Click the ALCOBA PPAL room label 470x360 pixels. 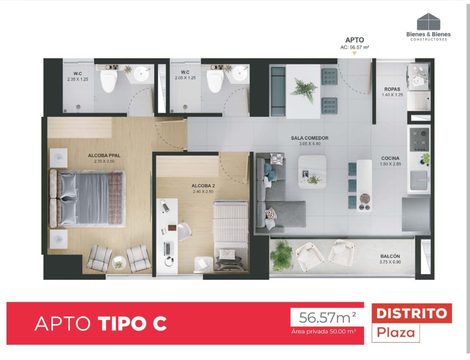click(x=104, y=156)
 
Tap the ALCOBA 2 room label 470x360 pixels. click(x=203, y=186)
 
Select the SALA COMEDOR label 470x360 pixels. click(x=310, y=138)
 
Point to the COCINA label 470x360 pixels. click(x=390, y=158)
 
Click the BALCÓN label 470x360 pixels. click(x=390, y=256)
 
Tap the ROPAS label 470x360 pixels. click(x=392, y=89)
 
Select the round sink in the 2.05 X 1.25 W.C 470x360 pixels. click(x=240, y=73)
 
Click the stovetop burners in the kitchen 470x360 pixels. click(x=420, y=140)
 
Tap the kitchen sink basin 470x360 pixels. click(x=419, y=180)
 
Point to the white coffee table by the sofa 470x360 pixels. click(x=312, y=172)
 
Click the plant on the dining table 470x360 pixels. click(x=304, y=90)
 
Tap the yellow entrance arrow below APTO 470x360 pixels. click(x=354, y=53)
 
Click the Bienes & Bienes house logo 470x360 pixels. click(x=429, y=21)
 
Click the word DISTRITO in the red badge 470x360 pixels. click(x=412, y=313)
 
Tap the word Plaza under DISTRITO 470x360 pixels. click(x=396, y=333)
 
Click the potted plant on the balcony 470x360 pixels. click(x=281, y=255)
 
